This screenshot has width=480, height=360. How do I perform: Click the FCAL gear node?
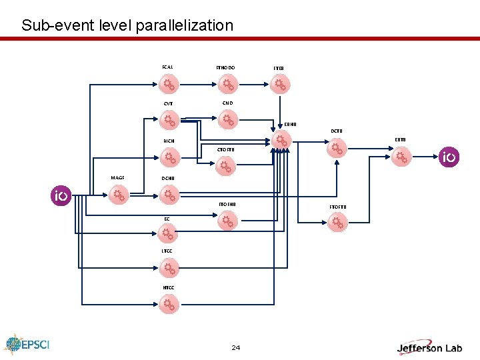tap(169, 85)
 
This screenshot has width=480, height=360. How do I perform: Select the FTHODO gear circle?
tap(227, 85)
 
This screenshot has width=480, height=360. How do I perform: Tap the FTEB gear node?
tap(281, 85)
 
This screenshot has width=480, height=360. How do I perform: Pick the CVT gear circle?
tap(169, 121)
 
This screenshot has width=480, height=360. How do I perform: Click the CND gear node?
tap(227, 120)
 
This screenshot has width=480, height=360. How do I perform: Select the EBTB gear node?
tap(401, 157)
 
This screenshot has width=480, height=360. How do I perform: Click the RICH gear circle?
tap(169, 158)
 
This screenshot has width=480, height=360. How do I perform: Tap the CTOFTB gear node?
tap(226, 166)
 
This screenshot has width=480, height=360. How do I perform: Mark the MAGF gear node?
tap(119, 195)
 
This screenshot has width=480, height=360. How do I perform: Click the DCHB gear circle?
tap(169, 195)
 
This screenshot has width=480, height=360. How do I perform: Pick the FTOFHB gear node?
tap(227, 220)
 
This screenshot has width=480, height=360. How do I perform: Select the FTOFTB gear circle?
tap(338, 223)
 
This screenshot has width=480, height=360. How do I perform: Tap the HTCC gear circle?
tap(169, 305)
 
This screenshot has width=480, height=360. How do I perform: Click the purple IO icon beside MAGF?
tap(61, 196)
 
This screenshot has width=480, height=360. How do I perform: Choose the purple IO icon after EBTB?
tap(449, 158)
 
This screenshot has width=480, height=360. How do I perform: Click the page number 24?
tap(236, 347)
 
